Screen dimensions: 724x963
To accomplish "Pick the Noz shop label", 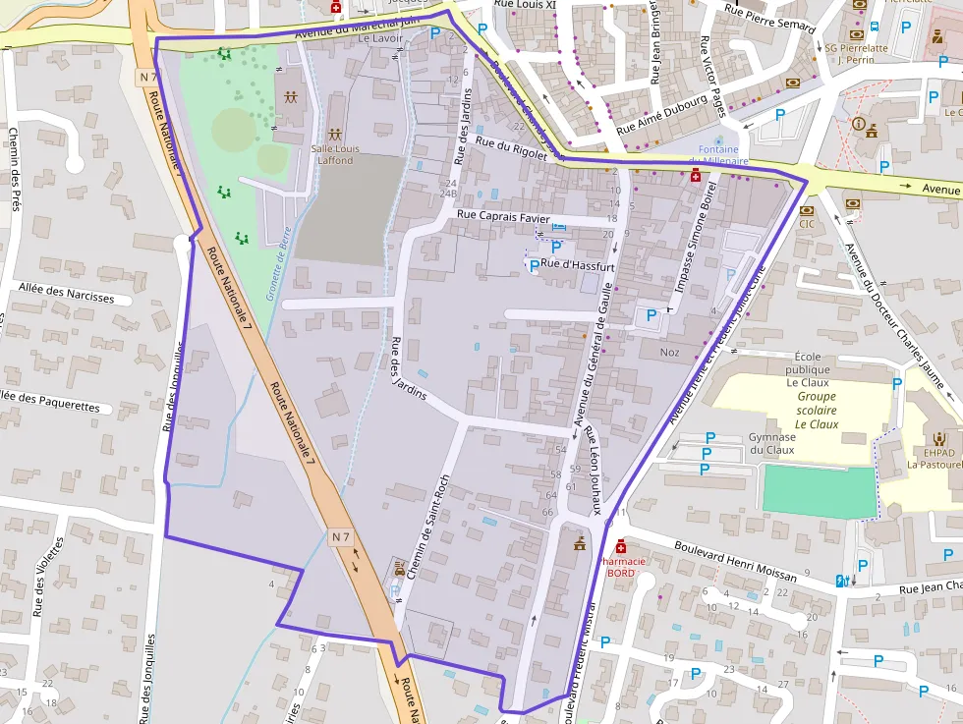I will (x=669, y=352).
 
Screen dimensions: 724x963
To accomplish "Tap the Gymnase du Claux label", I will (x=771, y=443).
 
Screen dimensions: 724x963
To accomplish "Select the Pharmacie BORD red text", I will (x=621, y=567).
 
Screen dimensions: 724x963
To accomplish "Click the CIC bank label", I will (x=807, y=223).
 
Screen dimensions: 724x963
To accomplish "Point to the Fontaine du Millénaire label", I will (x=717, y=155).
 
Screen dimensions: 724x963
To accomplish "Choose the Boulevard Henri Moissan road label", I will (x=737, y=558).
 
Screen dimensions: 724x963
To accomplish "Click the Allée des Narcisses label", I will (x=66, y=298).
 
